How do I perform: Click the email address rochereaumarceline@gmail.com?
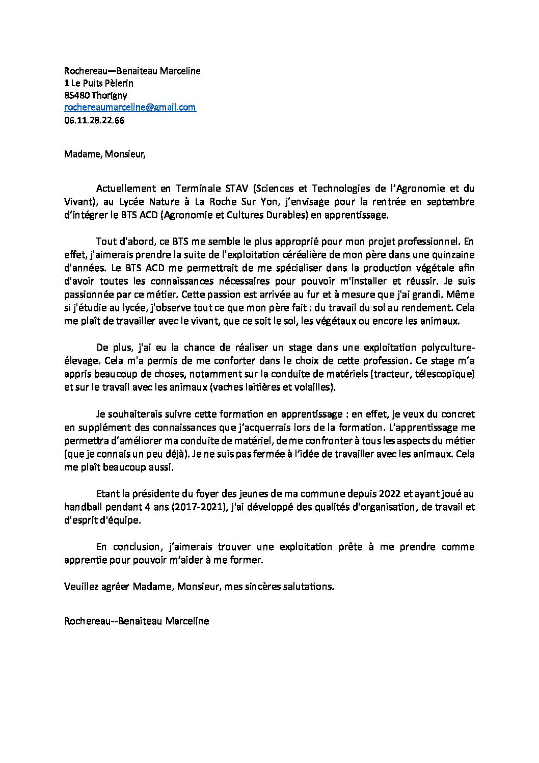tap(130, 107)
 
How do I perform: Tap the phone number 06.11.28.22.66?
tap(95, 120)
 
